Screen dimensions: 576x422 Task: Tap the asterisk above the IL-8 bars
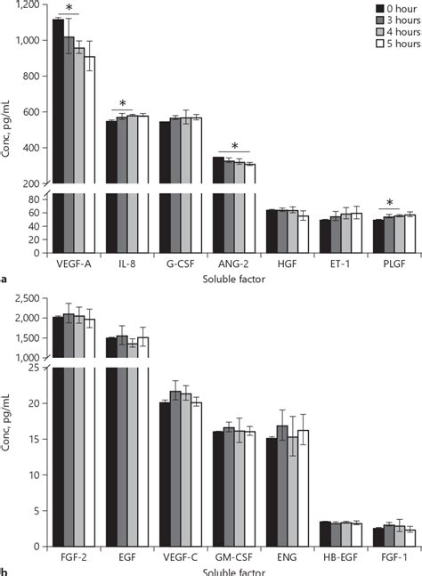(x=122, y=103)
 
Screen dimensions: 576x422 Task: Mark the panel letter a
(x=4, y=280)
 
